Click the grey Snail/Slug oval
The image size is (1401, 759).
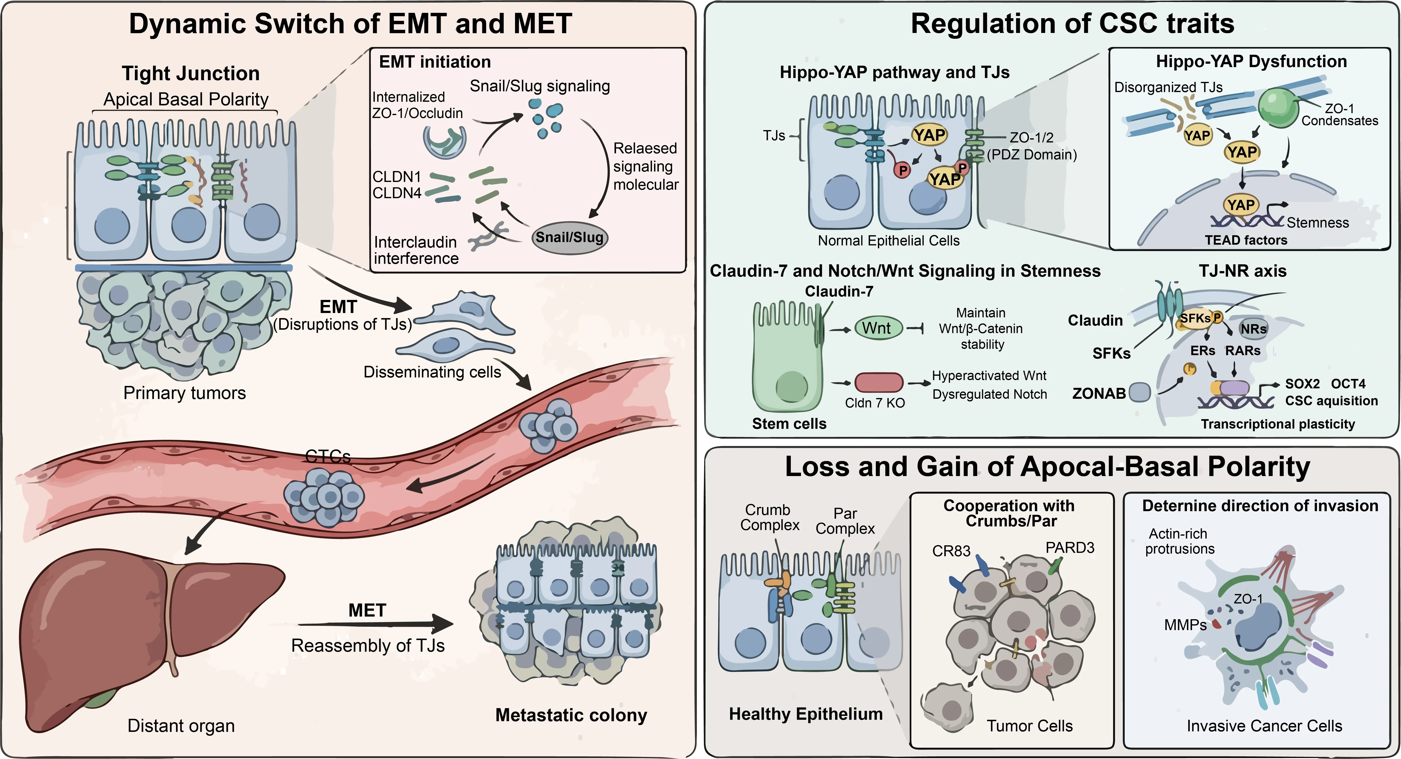pos(570,238)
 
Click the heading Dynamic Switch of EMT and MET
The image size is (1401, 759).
pos(350,24)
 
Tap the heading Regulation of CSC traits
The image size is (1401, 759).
pos(1072,24)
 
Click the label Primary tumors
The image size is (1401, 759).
pos(184,393)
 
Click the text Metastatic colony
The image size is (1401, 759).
pos(571,715)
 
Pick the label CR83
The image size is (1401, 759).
pos(951,551)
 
